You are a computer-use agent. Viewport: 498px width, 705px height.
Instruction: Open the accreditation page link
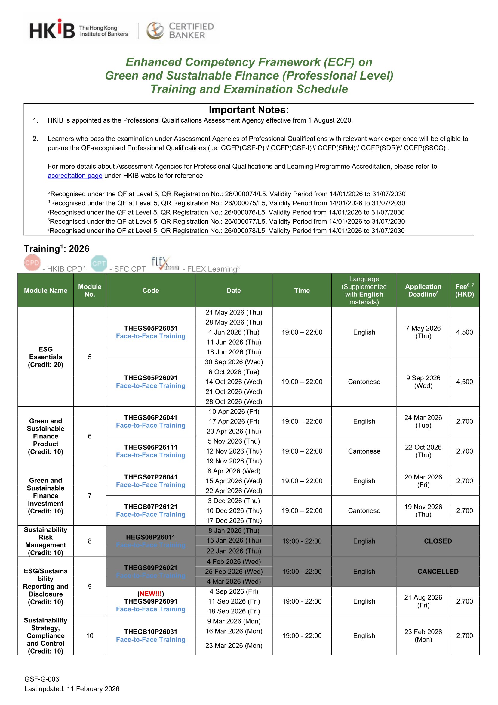point(75,176)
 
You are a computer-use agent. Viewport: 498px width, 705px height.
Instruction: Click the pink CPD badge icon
point(32,263)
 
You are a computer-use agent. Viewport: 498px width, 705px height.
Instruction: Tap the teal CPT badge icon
point(99,264)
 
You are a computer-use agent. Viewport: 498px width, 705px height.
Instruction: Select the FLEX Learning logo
point(165,264)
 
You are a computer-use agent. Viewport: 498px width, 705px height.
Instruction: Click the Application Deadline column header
point(423,290)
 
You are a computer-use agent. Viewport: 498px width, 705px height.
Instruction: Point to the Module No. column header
point(90,290)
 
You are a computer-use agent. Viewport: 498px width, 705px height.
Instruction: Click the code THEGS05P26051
point(151,328)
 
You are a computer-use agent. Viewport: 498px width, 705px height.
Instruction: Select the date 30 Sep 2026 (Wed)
point(234,362)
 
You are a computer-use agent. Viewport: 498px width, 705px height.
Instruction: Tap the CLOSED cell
point(438,541)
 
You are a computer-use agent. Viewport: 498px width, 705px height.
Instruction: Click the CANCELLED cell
point(438,571)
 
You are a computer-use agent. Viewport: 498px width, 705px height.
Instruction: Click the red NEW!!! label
point(151,594)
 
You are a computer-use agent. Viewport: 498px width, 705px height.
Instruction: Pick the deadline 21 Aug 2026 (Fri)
point(423,601)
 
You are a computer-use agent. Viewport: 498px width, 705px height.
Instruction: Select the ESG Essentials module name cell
point(45,357)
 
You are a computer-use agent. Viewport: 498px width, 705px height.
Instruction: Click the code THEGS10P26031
point(151,632)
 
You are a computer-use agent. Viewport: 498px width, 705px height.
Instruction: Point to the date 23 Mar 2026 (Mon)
point(234,645)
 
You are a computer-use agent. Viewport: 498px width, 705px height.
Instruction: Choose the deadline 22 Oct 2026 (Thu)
point(423,451)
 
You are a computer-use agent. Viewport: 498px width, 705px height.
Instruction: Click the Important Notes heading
point(249,110)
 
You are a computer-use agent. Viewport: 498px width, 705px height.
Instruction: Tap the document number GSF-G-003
point(42,679)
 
